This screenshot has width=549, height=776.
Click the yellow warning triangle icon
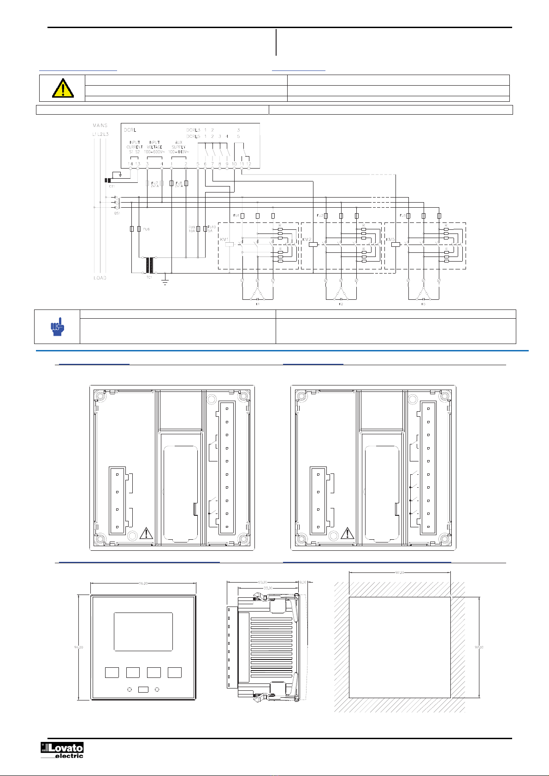[63, 88]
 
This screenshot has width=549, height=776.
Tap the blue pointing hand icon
[57, 327]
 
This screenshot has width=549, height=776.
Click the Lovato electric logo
[62, 750]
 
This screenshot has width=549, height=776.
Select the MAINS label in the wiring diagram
[100, 125]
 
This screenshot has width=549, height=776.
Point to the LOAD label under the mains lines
[100, 278]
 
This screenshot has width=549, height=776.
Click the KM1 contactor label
[224, 239]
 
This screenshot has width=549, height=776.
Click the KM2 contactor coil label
[307, 239]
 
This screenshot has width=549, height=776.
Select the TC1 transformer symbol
[149, 266]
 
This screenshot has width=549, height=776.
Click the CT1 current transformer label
[112, 186]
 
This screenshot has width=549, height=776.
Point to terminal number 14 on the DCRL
[130, 164]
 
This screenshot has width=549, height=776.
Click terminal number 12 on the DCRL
[248, 164]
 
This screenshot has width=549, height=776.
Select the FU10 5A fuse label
[212, 229]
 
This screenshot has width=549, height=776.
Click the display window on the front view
[143, 631]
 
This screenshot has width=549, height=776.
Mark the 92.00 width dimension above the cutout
[400, 573]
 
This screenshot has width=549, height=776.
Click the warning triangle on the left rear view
[146, 533]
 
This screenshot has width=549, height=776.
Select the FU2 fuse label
[320, 216]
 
